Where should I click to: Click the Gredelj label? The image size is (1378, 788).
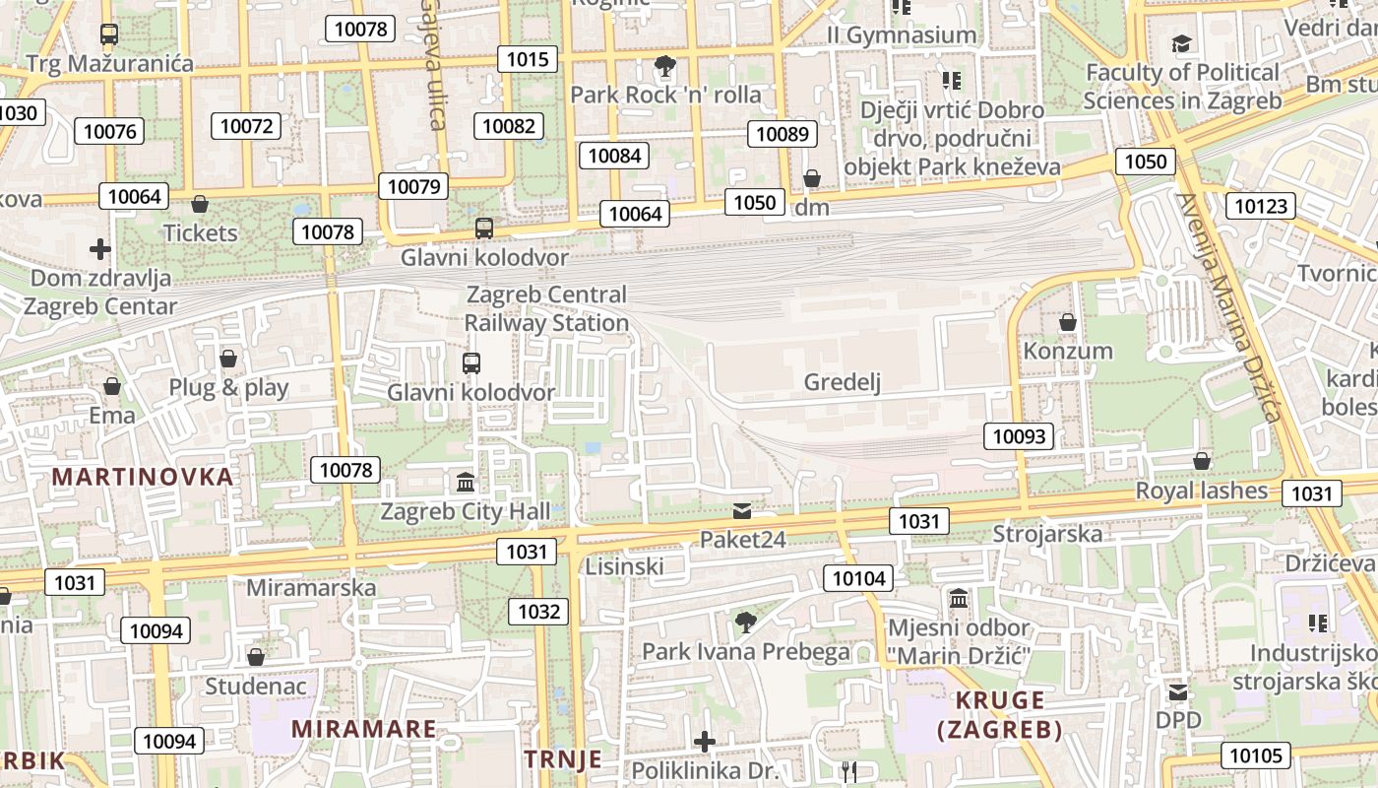[x=842, y=382]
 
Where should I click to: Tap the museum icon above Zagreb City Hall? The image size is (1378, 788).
[x=466, y=483]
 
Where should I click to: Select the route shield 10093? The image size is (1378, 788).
[x=1018, y=436]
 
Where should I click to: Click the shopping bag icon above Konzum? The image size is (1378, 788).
[x=1067, y=322]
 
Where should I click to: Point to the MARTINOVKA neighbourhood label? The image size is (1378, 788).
[x=143, y=478]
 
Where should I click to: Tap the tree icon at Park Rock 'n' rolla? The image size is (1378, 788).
[x=665, y=66]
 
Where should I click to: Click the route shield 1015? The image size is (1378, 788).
[x=527, y=59]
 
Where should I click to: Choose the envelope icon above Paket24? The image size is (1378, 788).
[x=742, y=510]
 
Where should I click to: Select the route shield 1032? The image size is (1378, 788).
[x=538, y=612]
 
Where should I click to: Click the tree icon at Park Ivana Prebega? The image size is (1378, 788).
[x=745, y=622]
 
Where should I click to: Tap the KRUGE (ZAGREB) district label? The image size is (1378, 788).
[x=999, y=715]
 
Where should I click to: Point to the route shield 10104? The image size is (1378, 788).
[x=859, y=578]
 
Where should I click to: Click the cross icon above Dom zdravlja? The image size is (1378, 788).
[x=99, y=248]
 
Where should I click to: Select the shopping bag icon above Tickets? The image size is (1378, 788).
[x=200, y=204]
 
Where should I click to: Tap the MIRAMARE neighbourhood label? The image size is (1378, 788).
[x=364, y=729]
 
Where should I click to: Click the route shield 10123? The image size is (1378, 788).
[x=1260, y=206]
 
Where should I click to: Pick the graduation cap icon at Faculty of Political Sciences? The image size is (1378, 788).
[x=1181, y=43]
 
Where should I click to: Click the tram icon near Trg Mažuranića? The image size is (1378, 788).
[x=109, y=34]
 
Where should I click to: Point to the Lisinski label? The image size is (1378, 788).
[x=624, y=566]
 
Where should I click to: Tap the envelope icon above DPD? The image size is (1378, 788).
[x=1177, y=691]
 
